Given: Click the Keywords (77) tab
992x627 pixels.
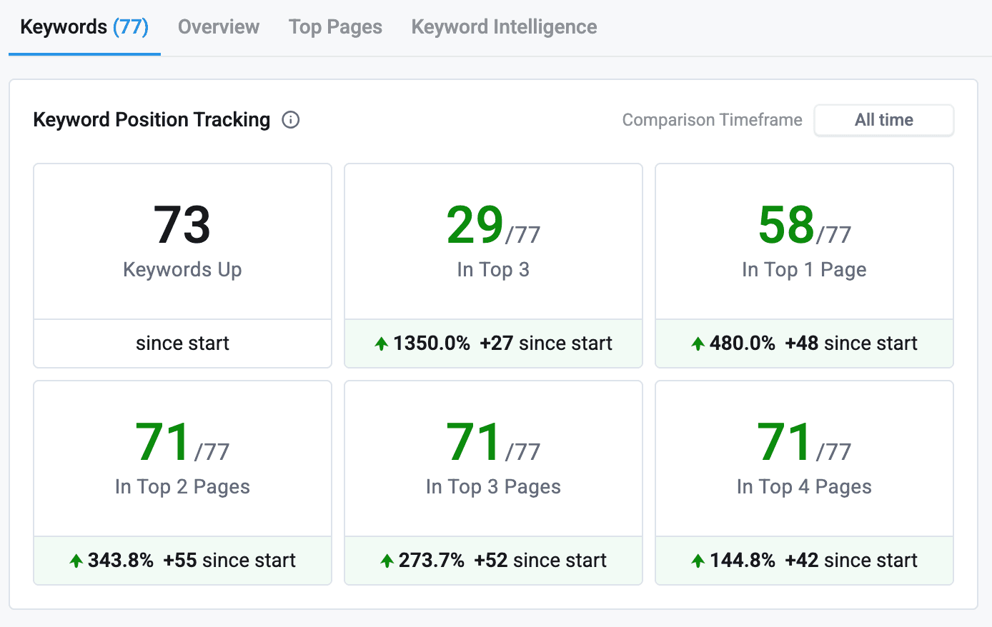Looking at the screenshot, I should click(84, 27).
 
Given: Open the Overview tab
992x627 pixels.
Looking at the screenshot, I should click(218, 27).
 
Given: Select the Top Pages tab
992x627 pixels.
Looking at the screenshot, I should click(335, 27).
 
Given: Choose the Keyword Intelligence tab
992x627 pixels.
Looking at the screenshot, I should click(504, 27).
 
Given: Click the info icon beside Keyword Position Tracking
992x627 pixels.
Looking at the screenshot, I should click(291, 119).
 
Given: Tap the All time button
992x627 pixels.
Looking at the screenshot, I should click(883, 120).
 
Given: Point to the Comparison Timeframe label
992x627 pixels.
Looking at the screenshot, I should click(712, 120).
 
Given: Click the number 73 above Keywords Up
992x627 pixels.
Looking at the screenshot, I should click(182, 225).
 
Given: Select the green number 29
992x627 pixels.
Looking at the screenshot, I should click(475, 225).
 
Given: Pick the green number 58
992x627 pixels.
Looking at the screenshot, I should click(786, 225).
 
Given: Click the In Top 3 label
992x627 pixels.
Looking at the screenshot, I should click(493, 269).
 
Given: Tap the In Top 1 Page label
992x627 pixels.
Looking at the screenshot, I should click(804, 269).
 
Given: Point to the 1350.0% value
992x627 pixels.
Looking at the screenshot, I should click(432, 343).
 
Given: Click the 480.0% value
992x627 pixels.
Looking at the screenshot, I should click(743, 343).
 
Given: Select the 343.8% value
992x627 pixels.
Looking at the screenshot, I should click(121, 561).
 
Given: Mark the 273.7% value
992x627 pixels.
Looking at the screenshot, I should click(432, 561).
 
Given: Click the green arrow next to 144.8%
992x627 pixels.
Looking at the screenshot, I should click(698, 561).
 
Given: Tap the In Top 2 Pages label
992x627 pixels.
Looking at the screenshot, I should click(182, 486).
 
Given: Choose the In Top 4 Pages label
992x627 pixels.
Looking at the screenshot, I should click(804, 486).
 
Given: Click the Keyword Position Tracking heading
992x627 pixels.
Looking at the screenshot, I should click(152, 119).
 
